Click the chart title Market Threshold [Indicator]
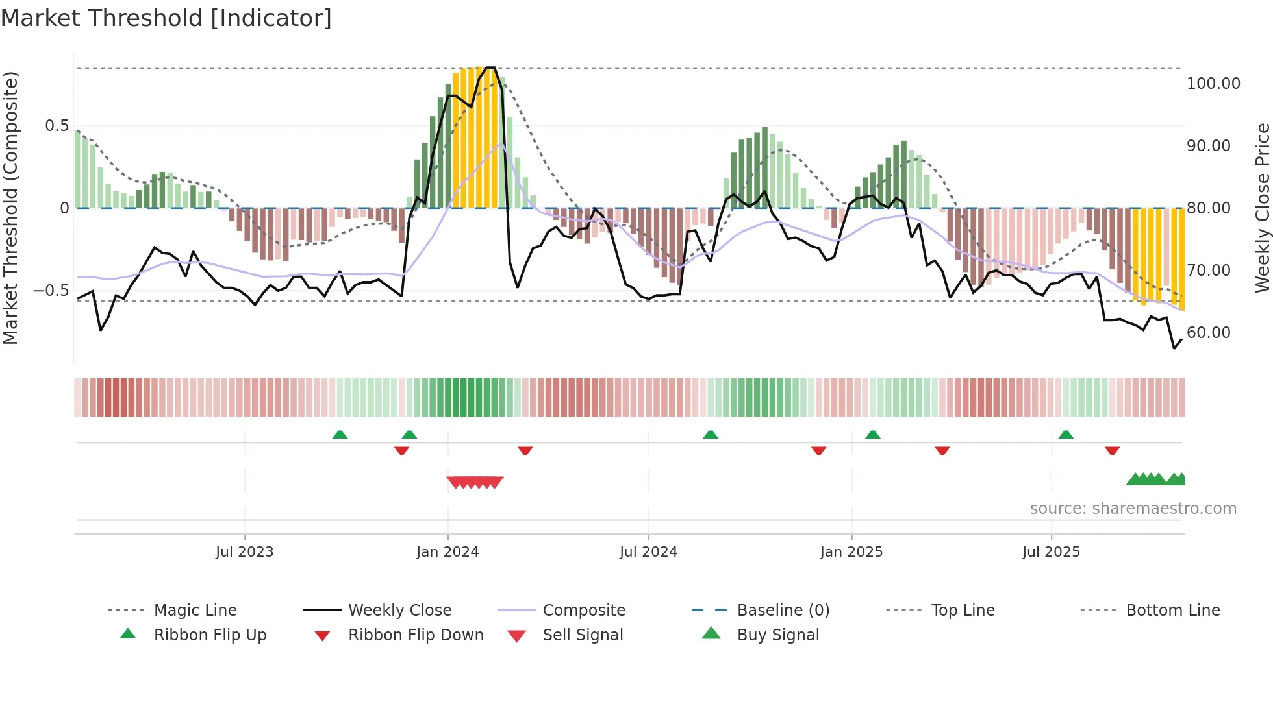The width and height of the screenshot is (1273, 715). coord(166,18)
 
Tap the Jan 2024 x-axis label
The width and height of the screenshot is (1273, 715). coord(447,552)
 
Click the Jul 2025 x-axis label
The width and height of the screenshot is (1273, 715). coord(1051,552)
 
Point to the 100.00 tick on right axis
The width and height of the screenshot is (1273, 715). coord(1213,84)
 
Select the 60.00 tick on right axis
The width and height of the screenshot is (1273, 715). coord(1209,333)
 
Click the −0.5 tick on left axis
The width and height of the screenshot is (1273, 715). coord(51,291)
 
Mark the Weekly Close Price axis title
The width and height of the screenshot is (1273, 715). coord(1262,208)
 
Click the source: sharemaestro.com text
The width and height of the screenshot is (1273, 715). coord(1133,509)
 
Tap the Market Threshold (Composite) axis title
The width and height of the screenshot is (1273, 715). coord(11,208)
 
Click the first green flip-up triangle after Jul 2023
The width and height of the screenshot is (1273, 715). coord(340,435)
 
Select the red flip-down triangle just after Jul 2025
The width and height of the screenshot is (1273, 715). coord(1112,450)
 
